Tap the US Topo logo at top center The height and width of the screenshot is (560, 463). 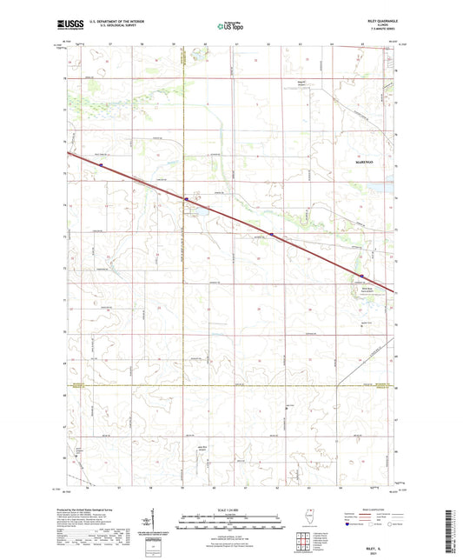pos(229,26)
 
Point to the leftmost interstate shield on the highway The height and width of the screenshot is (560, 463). pos(101,162)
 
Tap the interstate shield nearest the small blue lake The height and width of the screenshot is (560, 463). pos(185,199)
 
